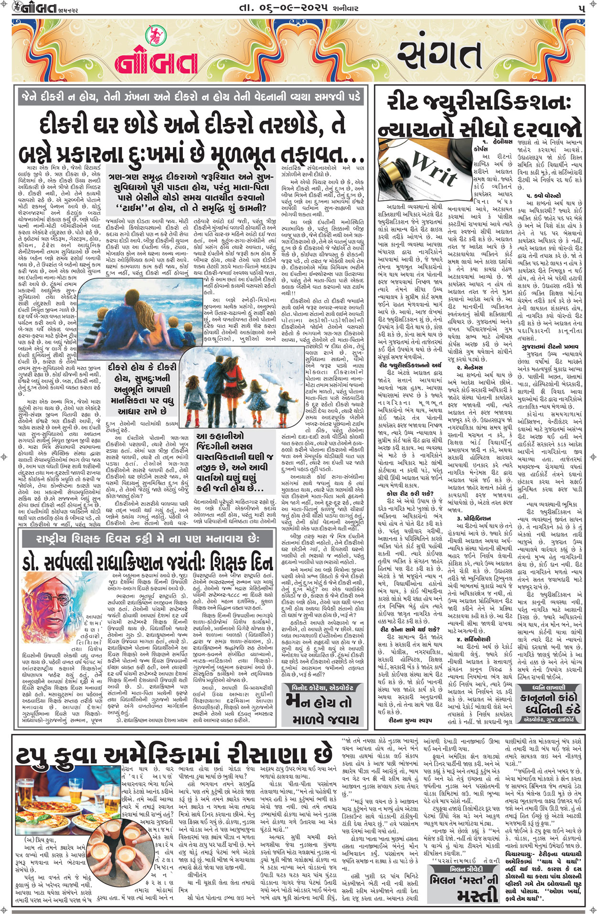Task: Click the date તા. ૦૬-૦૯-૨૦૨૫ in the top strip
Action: [290, 9]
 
